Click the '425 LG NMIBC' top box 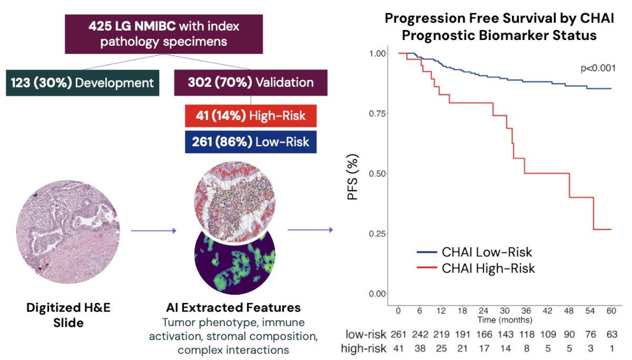pyautogui.click(x=164, y=34)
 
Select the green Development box pyautogui.click(x=82, y=83)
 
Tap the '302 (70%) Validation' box pyautogui.click(x=251, y=83)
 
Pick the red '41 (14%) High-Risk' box pyautogui.click(x=251, y=116)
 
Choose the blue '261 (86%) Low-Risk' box pyautogui.click(x=251, y=142)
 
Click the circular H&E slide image pyautogui.click(x=68, y=232)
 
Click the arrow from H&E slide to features pyautogui.click(x=153, y=231)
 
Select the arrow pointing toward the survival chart pyautogui.click(x=310, y=230)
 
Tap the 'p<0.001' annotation pyautogui.click(x=598, y=68)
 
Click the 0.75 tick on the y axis pyautogui.click(x=378, y=114)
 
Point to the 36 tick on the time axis pyautogui.click(x=526, y=311)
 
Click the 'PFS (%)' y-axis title pyautogui.click(x=352, y=177)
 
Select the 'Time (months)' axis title pyautogui.click(x=505, y=320)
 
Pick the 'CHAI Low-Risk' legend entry pyautogui.click(x=475, y=252)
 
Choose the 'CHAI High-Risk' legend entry pyautogui.click(x=476, y=268)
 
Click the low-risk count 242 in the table pyautogui.click(x=420, y=335)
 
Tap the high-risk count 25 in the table pyautogui.click(x=441, y=349)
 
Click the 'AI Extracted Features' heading pyautogui.click(x=233, y=307)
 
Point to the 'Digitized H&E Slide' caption pyautogui.click(x=68, y=315)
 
